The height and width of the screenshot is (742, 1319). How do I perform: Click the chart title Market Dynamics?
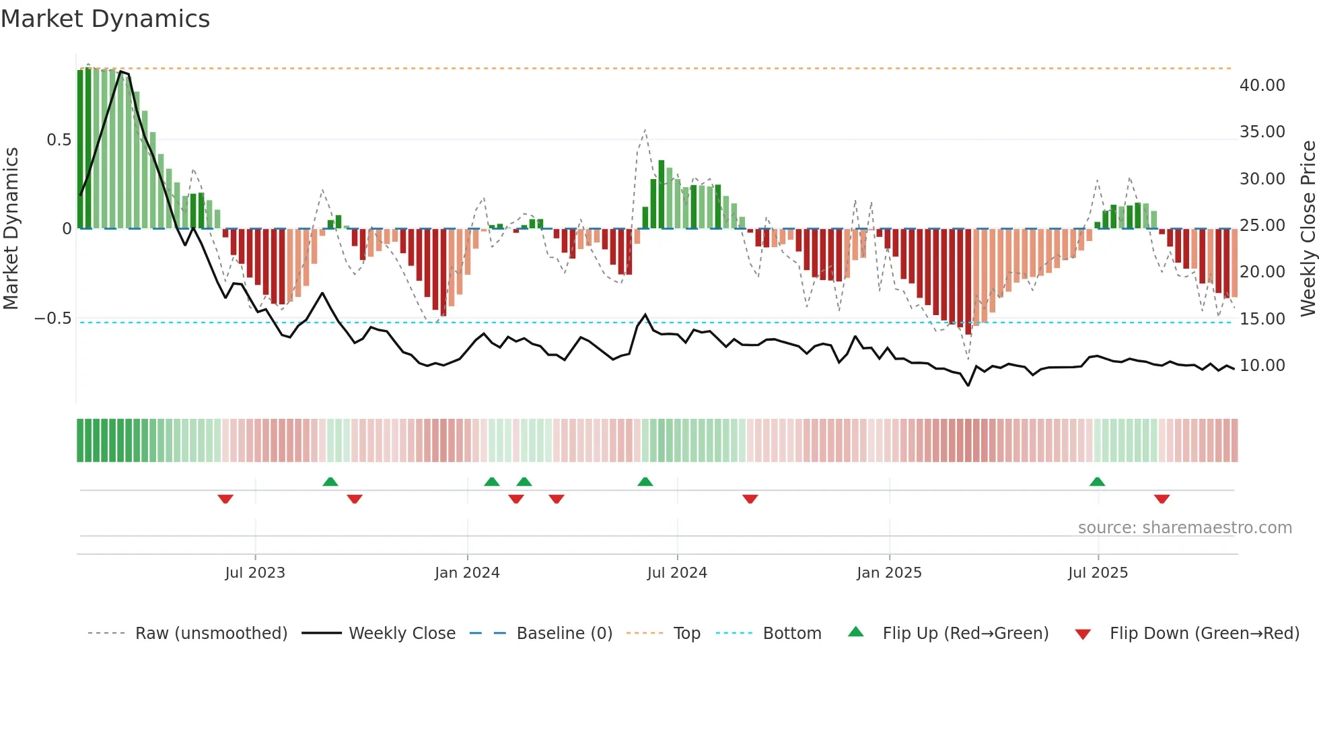pos(105,19)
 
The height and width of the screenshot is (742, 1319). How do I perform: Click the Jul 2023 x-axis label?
pos(255,573)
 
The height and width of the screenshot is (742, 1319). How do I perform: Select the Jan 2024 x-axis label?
pos(467,573)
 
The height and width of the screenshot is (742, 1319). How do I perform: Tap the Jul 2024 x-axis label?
pos(677,573)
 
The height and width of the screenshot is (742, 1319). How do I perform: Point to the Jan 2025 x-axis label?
pos(889,573)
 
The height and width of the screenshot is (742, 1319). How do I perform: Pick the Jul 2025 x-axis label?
pos(1098,573)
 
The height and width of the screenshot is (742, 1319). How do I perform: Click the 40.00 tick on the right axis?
pos(1262,86)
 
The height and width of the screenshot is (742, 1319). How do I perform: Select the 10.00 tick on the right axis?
pos(1262,366)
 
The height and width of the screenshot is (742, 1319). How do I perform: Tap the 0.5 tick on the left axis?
pos(59,140)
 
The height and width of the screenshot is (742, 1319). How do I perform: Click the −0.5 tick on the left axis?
pos(53,318)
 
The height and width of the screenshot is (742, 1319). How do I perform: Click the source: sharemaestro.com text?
pos(1184,528)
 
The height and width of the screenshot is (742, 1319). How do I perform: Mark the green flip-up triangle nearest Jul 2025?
pos(1097,482)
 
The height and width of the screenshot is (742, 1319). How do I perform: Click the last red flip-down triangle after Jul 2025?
pos(1162,499)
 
